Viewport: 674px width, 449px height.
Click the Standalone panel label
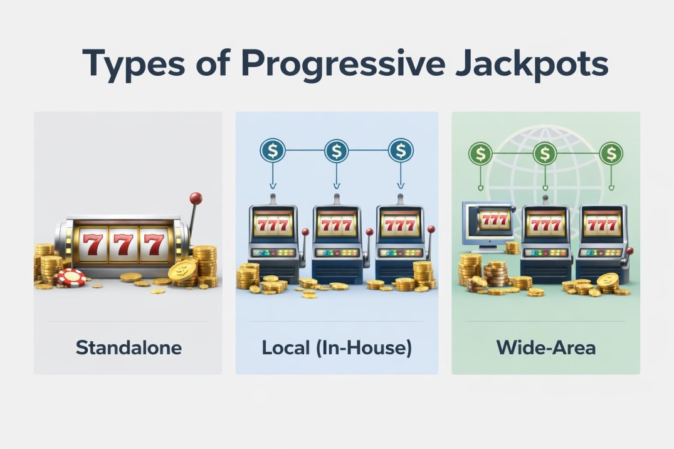[x=128, y=347]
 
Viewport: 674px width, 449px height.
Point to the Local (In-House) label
[x=337, y=347]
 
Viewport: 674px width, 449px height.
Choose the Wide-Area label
[x=545, y=347]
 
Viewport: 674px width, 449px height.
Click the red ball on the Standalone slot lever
[x=196, y=198]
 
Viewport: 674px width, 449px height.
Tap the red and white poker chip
[x=70, y=277]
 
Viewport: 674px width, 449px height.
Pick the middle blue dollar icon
[x=337, y=151]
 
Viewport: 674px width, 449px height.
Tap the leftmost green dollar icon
[x=480, y=152]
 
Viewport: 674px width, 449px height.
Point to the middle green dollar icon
[x=545, y=152]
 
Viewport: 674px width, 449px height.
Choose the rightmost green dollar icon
[x=610, y=152]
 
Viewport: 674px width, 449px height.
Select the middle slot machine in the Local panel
[x=337, y=241]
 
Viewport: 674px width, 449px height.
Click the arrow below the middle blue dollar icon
[x=337, y=179]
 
